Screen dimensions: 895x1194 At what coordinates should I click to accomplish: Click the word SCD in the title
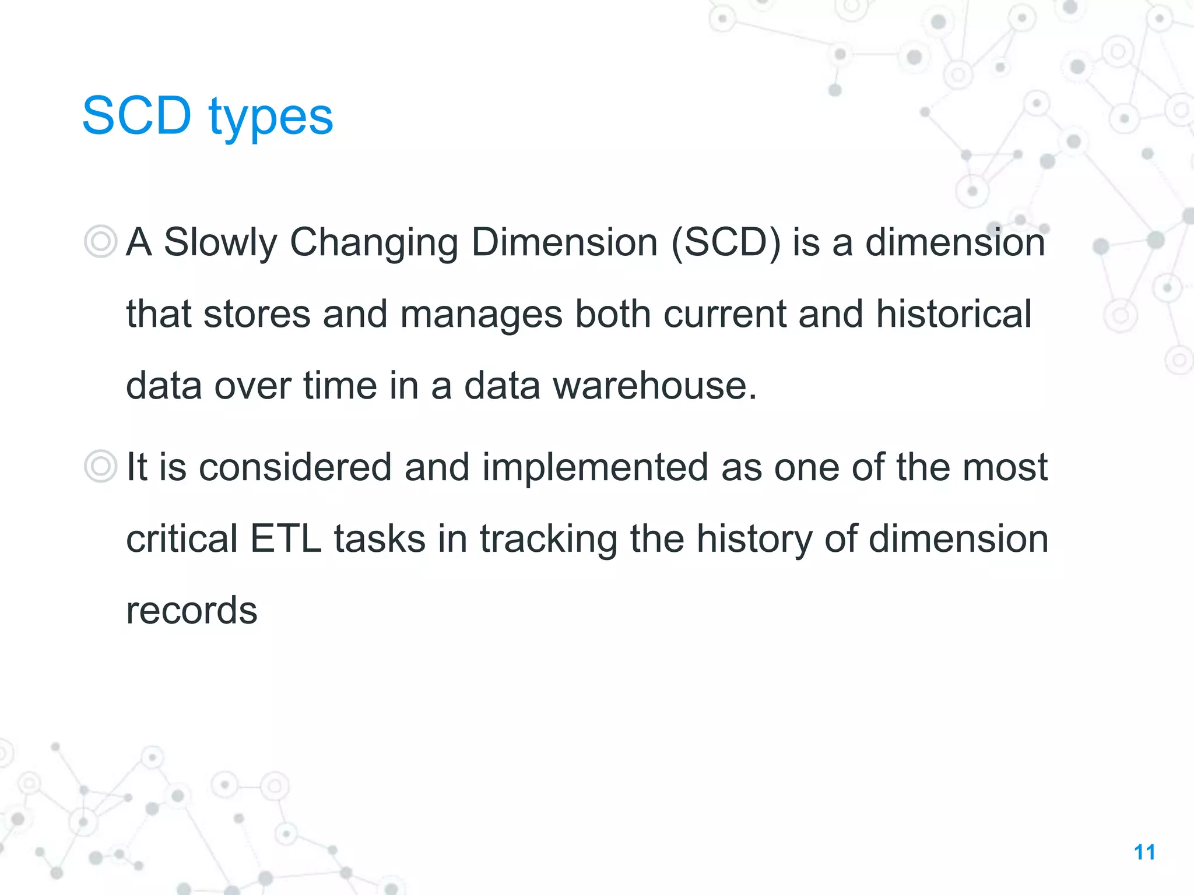coord(136,116)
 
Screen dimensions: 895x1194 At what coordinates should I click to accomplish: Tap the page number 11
coord(1144,852)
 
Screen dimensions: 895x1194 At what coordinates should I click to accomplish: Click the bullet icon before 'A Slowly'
coord(100,241)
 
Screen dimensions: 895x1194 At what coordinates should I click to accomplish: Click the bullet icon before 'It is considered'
coord(100,466)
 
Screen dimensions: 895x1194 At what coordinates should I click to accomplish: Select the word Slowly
coord(220,243)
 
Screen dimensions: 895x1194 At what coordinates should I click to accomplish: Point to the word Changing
coord(373,243)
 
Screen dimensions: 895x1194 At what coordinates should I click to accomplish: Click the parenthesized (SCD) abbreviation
coord(725,243)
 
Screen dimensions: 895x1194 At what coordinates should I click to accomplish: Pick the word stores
coord(257,315)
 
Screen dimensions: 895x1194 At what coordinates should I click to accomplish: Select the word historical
coord(954,315)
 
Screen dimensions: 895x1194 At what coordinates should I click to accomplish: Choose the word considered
coord(295,467)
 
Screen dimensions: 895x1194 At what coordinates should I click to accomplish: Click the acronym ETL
coord(285,539)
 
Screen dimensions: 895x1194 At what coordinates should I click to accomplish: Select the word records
coord(191,611)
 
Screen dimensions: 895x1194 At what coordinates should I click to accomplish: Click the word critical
coord(181,539)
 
